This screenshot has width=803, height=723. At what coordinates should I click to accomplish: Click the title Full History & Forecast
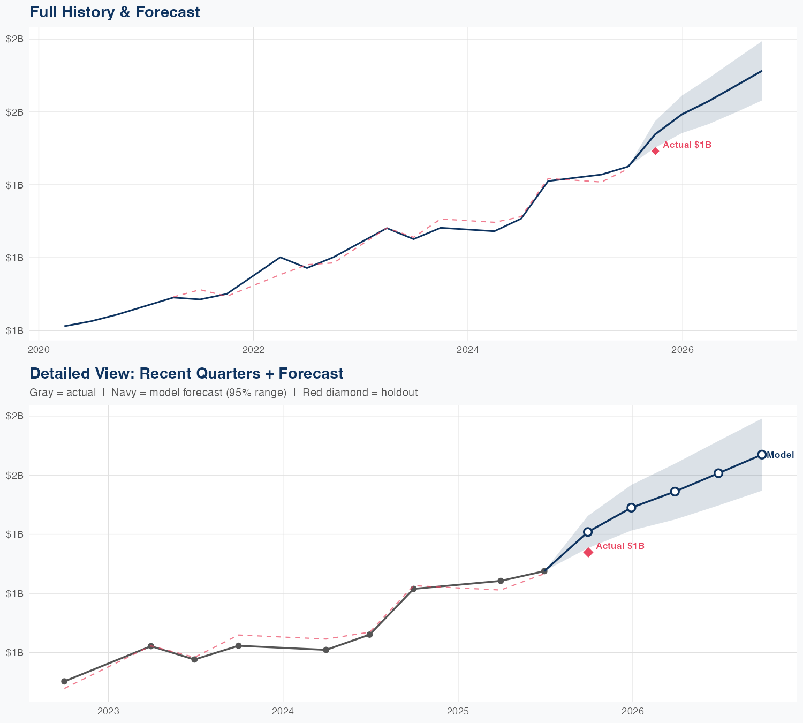115,12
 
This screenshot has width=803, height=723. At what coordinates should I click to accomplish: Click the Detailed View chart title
186,373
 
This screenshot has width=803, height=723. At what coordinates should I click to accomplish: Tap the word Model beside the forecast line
780,455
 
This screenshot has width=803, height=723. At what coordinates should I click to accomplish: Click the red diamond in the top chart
655,151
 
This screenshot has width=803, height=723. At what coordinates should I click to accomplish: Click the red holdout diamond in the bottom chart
588,552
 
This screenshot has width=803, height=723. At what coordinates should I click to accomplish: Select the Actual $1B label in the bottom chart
620,546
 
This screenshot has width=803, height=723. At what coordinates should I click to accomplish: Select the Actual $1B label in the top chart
687,145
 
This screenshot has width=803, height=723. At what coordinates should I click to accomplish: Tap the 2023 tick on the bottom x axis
108,711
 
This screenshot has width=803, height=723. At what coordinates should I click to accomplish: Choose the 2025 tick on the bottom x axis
458,711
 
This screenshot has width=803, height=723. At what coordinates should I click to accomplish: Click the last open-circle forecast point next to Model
762,455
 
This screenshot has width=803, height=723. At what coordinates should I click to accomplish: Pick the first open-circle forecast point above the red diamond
588,532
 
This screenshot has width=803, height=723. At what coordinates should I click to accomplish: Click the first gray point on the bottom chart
64,681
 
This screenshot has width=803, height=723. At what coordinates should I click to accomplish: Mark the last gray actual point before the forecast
544,571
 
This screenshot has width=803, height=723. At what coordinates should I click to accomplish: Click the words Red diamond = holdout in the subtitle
360,393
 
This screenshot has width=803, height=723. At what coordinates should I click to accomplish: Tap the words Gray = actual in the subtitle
63,393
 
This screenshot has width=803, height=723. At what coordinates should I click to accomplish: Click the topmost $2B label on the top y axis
14,39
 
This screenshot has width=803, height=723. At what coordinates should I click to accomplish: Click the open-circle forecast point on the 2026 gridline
632,508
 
